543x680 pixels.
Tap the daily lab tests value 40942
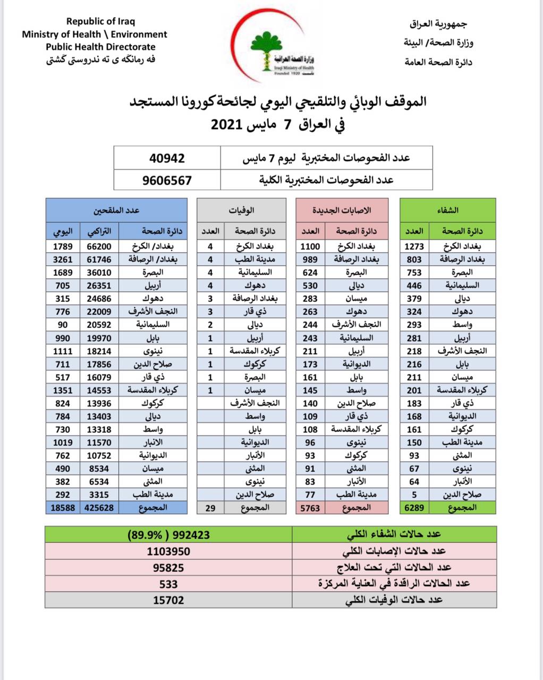167,158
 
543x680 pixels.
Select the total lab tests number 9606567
167,180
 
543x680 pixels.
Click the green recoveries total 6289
414,507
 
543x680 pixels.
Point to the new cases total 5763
310,508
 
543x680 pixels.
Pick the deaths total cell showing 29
210,508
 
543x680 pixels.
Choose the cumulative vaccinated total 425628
98,507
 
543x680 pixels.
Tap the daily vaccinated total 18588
62,507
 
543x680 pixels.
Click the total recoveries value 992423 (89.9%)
168,534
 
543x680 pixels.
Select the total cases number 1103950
168,551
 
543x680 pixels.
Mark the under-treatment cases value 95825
168,567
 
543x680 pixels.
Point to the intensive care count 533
168,584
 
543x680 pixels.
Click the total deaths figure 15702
168,600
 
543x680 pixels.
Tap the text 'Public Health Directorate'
100,47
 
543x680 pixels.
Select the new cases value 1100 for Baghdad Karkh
310,246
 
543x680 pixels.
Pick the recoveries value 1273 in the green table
414,246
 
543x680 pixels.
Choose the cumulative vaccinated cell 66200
98,246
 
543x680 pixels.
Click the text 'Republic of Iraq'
100,22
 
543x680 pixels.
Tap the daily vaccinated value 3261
63,259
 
